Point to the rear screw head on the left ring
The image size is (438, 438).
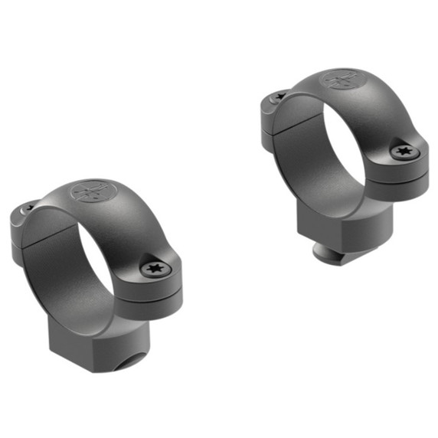click(29, 207)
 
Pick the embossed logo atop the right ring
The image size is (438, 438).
click(339, 79)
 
